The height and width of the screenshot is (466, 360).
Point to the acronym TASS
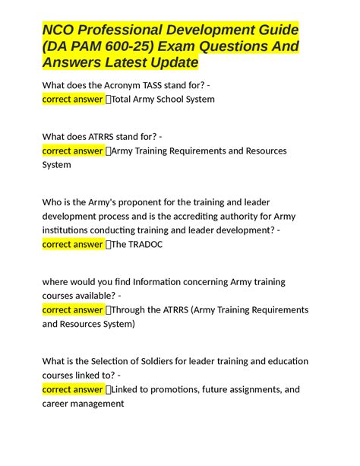[148, 85]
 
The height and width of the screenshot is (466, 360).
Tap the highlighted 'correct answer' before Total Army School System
[73, 99]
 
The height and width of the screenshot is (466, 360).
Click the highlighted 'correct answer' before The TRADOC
[73, 244]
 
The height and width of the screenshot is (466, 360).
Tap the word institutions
[66, 230]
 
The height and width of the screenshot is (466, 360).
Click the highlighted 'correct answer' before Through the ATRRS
[73, 310]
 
